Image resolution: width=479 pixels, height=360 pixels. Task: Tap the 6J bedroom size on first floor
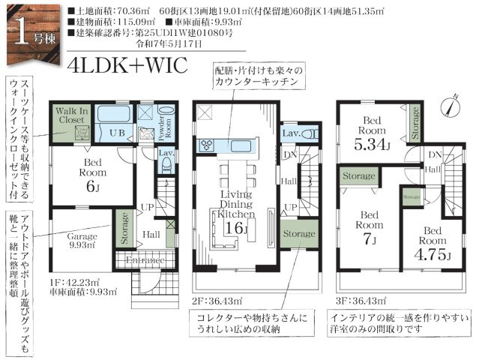[93, 187]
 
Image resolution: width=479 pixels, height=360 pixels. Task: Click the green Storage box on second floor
[297, 234]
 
